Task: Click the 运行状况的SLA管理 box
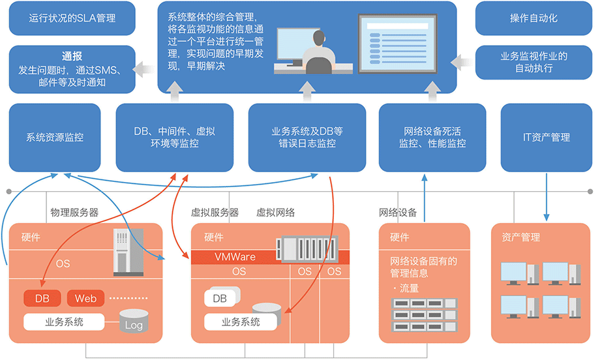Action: (72, 18)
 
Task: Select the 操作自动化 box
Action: (533, 18)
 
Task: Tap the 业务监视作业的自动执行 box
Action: (533, 63)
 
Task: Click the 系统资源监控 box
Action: (55, 138)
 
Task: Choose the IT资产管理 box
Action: (546, 138)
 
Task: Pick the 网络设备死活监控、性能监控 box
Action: (432, 138)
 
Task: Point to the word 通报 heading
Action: (72, 56)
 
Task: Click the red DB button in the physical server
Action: (42, 299)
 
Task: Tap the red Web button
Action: (85, 299)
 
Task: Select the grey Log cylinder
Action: (134, 321)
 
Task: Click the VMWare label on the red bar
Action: (235, 257)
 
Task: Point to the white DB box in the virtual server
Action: (220, 297)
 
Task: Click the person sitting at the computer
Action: (319, 53)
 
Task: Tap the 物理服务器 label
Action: (74, 213)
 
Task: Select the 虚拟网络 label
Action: (275, 213)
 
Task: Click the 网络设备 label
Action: (398, 213)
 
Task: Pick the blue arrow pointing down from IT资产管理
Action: (547, 197)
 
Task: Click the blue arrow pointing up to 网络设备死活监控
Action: (425, 198)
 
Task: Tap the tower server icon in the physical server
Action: (128, 252)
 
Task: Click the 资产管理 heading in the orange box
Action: (521, 237)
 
